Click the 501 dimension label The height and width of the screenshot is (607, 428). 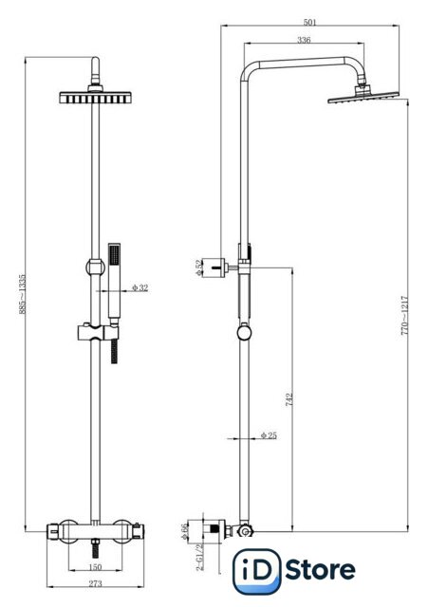(x=310, y=22)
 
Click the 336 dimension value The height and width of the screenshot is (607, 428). (x=304, y=40)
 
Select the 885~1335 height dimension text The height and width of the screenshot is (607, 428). (x=23, y=294)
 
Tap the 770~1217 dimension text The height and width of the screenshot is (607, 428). (x=404, y=316)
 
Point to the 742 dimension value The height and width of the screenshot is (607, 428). (x=288, y=400)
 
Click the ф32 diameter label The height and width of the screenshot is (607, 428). (x=140, y=287)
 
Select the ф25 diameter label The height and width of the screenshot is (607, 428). (x=269, y=435)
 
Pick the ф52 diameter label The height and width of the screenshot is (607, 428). (x=198, y=267)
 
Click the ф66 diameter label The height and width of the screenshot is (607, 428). (x=184, y=532)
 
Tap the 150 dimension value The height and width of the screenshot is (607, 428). (x=95, y=567)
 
